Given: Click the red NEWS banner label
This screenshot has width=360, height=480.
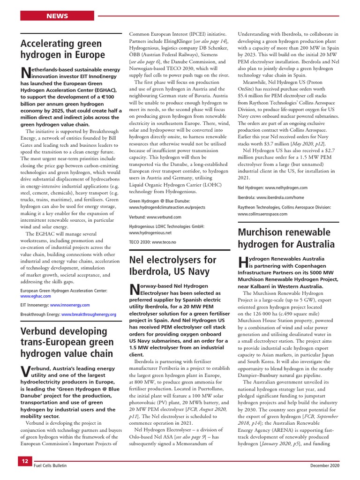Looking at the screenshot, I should pyautogui.click(x=57, y=16).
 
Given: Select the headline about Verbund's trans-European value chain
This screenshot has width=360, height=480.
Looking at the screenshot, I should pyautogui.click(x=67, y=342).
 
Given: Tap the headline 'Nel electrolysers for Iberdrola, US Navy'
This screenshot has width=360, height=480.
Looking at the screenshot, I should pyautogui.click(x=172, y=266).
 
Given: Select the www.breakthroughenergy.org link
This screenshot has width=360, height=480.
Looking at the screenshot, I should pyautogui.click(x=89, y=314).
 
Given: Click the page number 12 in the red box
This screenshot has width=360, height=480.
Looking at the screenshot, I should pyautogui.click(x=25, y=461).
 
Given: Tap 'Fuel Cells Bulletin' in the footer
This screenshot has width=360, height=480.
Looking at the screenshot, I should pyautogui.click(x=50, y=465).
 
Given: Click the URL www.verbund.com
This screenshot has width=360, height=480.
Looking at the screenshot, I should pyautogui.click(x=164, y=217).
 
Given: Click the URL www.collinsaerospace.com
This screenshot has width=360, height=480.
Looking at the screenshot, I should pyautogui.click(x=262, y=214).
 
